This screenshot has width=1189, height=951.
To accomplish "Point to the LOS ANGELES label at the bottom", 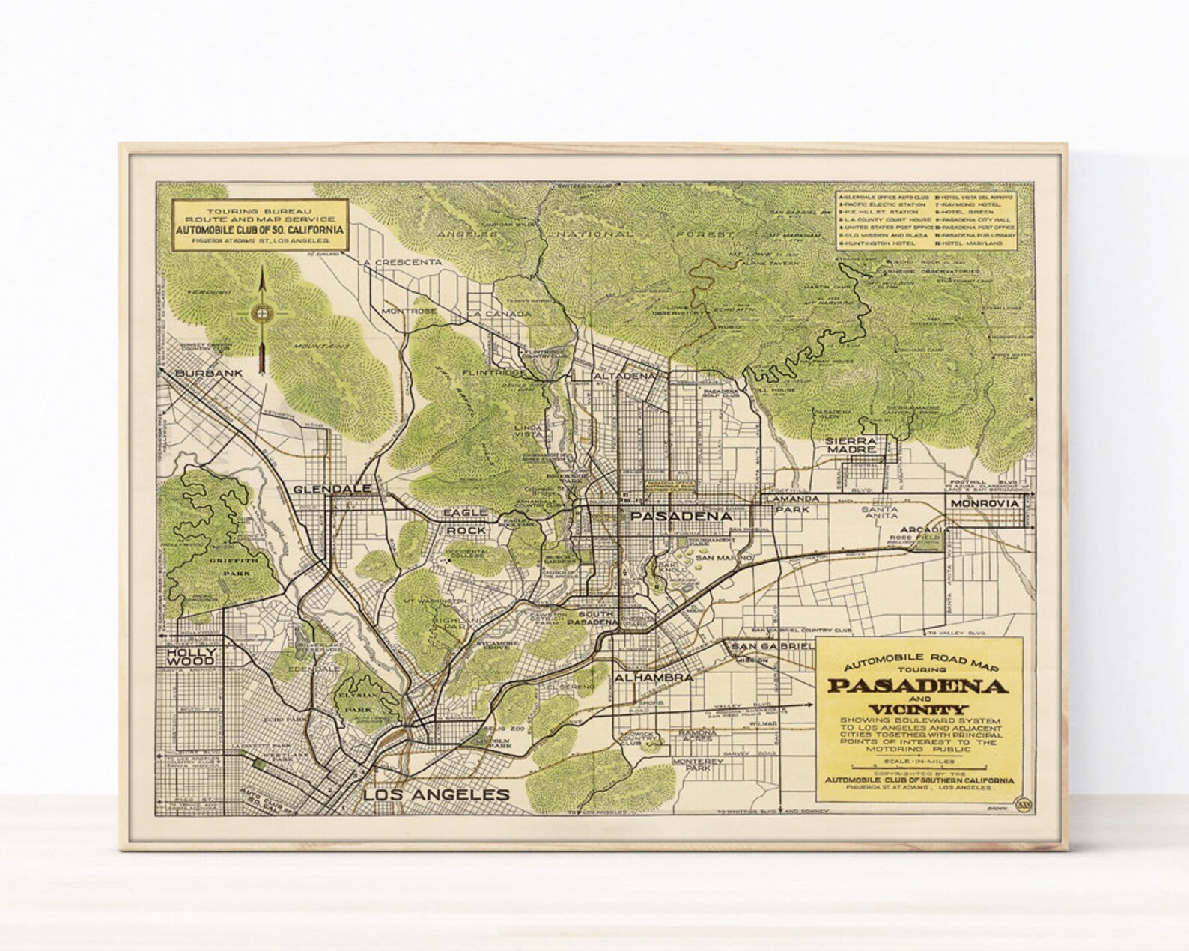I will pyautogui.click(x=436, y=795).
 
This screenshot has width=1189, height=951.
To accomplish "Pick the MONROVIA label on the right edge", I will pyautogui.click(x=985, y=504).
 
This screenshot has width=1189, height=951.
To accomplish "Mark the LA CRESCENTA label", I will pyautogui.click(x=401, y=263).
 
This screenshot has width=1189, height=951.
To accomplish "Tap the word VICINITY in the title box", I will pyautogui.click(x=918, y=709).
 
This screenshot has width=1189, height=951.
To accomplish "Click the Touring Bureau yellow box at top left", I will pyautogui.click(x=259, y=225).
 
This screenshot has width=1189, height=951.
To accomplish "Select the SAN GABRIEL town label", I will pyautogui.click(x=772, y=646).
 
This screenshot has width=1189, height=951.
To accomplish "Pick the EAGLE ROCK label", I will pyautogui.click(x=466, y=521).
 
